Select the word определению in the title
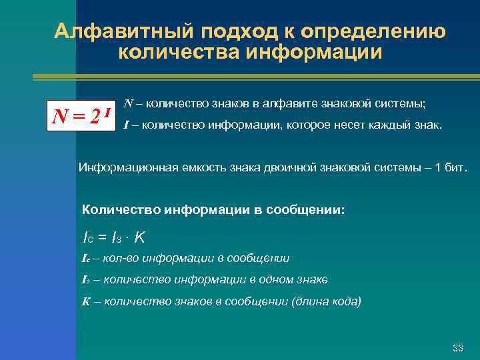coord(373,31)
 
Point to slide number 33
coord(457,348)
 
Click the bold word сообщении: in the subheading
coord(306,209)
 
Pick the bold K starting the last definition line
coord(85,301)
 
